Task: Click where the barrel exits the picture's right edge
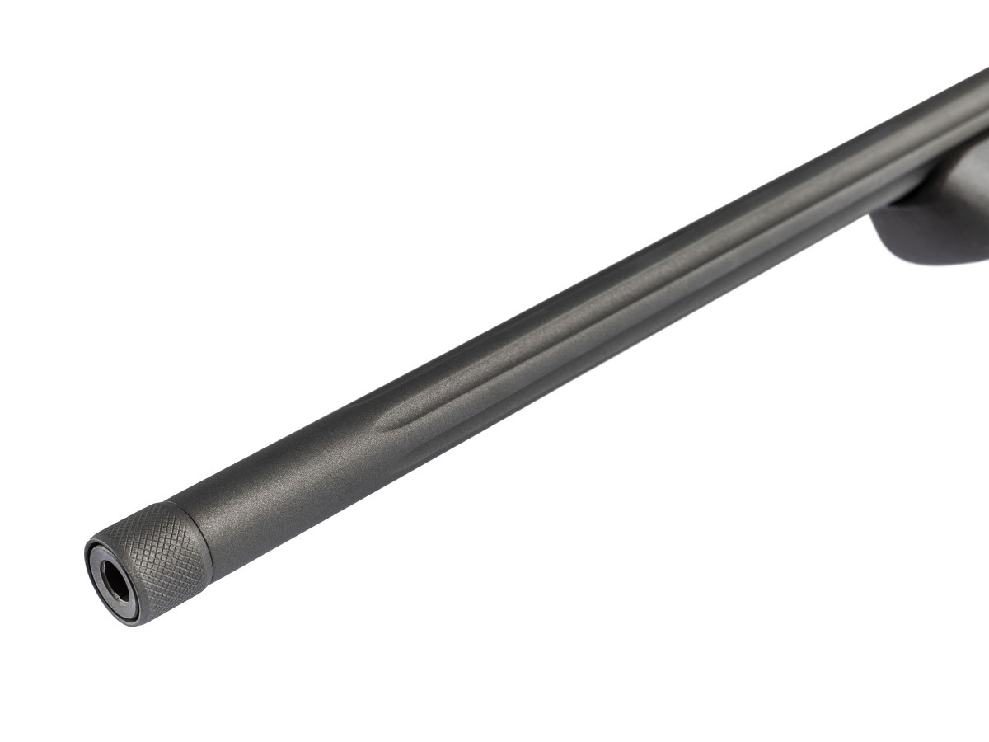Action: (x=984, y=124)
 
